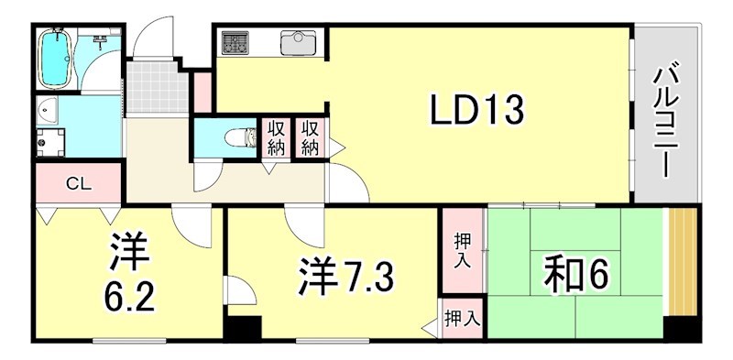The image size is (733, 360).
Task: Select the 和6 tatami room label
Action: coord(576,275)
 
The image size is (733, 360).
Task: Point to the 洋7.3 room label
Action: coord(346,275)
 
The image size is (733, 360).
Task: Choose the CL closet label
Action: coord(79,184)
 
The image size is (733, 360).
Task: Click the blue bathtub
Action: coord(55,59)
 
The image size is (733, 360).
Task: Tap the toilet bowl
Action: coord(240,138)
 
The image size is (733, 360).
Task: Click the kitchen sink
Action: coord(299,43)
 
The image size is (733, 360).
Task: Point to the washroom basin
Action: coord(48,111)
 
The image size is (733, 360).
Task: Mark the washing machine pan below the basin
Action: coord(50,142)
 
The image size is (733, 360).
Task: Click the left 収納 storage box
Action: coord(276,139)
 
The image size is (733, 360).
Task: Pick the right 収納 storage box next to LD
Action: coord(309,139)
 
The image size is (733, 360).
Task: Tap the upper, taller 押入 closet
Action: coord(463,251)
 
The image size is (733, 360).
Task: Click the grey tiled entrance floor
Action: coord(153,87)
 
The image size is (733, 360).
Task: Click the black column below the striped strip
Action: coord(683,329)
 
